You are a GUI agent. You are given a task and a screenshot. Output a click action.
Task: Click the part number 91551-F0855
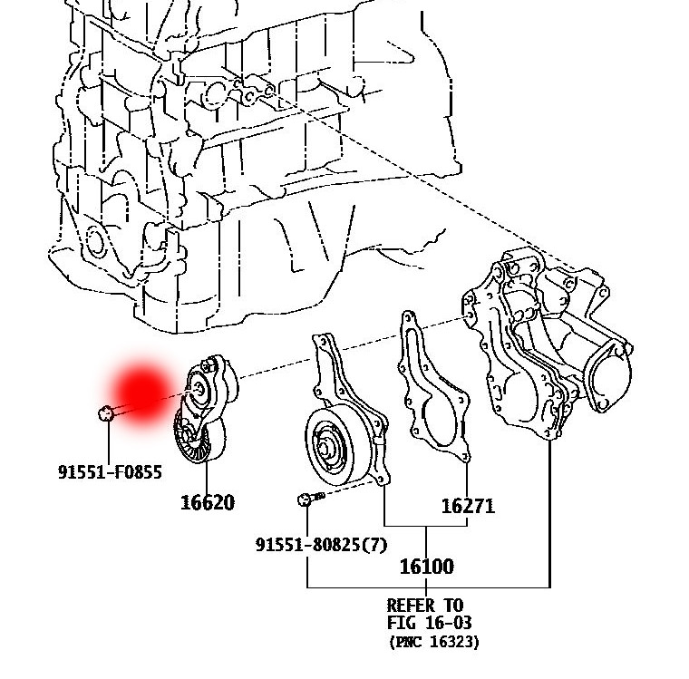click(110, 471)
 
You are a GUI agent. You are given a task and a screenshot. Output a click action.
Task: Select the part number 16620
click(208, 502)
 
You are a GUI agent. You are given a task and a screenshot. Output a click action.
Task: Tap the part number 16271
click(468, 505)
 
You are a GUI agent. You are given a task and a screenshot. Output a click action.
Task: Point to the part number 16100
click(426, 567)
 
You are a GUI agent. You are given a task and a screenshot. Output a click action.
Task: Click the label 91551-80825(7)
click(321, 544)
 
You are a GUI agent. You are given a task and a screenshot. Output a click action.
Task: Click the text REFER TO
click(424, 605)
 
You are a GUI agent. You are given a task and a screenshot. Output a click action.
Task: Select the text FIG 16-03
click(429, 623)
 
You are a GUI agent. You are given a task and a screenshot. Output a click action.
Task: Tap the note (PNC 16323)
click(434, 642)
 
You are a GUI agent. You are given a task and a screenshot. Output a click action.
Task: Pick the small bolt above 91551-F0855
click(106, 414)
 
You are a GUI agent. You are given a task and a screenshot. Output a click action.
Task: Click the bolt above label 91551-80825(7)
click(306, 498)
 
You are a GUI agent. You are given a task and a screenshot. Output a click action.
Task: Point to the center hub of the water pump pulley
click(327, 447)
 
